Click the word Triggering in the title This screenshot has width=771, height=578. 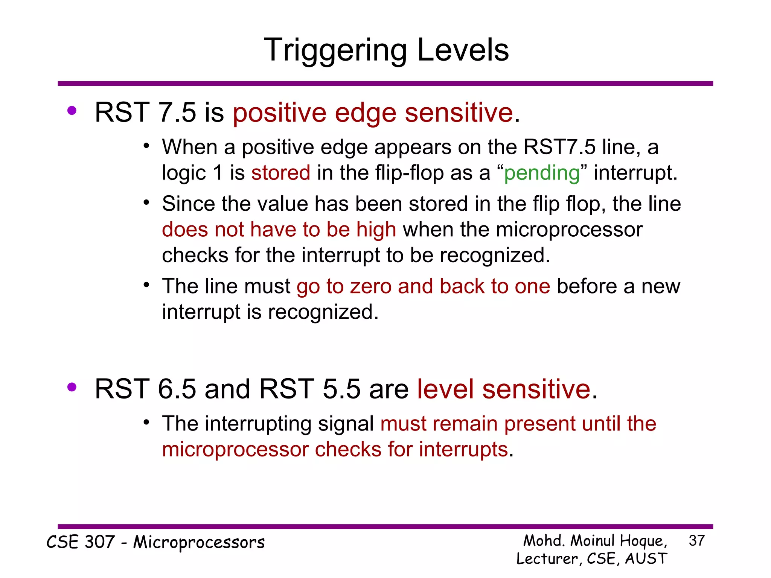tap(335, 51)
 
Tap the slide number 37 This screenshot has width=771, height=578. tap(696, 541)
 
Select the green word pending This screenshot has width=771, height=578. tap(542, 173)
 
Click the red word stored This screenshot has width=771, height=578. tap(281, 173)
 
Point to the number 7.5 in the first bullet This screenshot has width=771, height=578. tap(177, 113)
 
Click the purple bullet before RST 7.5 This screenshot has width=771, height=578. tap(72, 111)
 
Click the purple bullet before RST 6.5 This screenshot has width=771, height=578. tap(72, 387)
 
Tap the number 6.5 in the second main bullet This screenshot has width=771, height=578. tap(177, 389)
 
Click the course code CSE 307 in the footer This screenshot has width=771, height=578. tap(81, 542)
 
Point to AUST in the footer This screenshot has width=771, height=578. tap(646, 558)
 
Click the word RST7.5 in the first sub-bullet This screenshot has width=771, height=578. tap(559, 147)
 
